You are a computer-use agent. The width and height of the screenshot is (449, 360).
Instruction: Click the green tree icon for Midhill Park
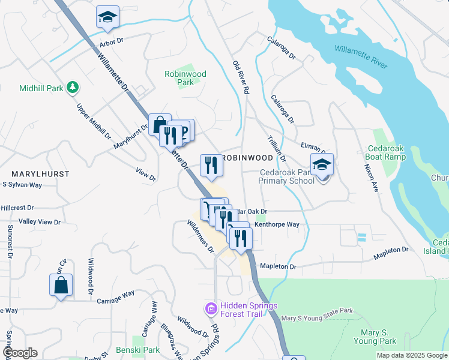point(73,88)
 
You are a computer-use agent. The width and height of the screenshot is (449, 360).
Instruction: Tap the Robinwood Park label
point(185,78)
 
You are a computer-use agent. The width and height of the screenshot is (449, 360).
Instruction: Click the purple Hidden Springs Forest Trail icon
point(211,310)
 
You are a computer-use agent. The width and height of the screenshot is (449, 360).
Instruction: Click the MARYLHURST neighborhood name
point(40,173)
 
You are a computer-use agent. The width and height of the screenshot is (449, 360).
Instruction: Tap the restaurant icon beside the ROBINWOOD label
point(211,165)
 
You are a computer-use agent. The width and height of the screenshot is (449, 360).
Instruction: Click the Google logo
point(20,353)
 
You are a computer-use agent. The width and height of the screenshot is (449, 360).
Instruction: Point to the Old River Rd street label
point(241,77)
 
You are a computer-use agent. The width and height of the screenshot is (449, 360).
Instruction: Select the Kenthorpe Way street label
point(277,224)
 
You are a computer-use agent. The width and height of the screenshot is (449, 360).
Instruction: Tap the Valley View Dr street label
point(40,222)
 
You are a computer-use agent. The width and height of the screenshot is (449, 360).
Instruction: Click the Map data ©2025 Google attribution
point(411,355)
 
